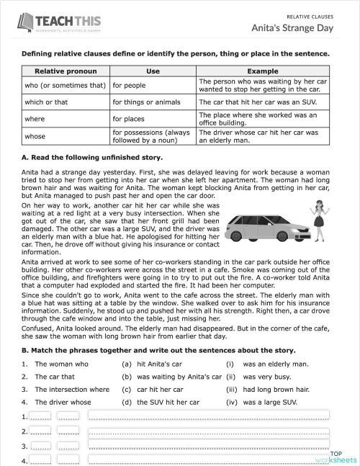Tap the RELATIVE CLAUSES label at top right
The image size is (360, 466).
coord(312,15)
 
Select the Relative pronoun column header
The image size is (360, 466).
coord(66,71)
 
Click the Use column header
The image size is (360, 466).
coord(153,71)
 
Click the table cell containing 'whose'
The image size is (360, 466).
coord(35,136)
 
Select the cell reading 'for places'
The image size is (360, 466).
coord(130,118)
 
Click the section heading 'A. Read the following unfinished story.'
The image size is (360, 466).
coord(92,157)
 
